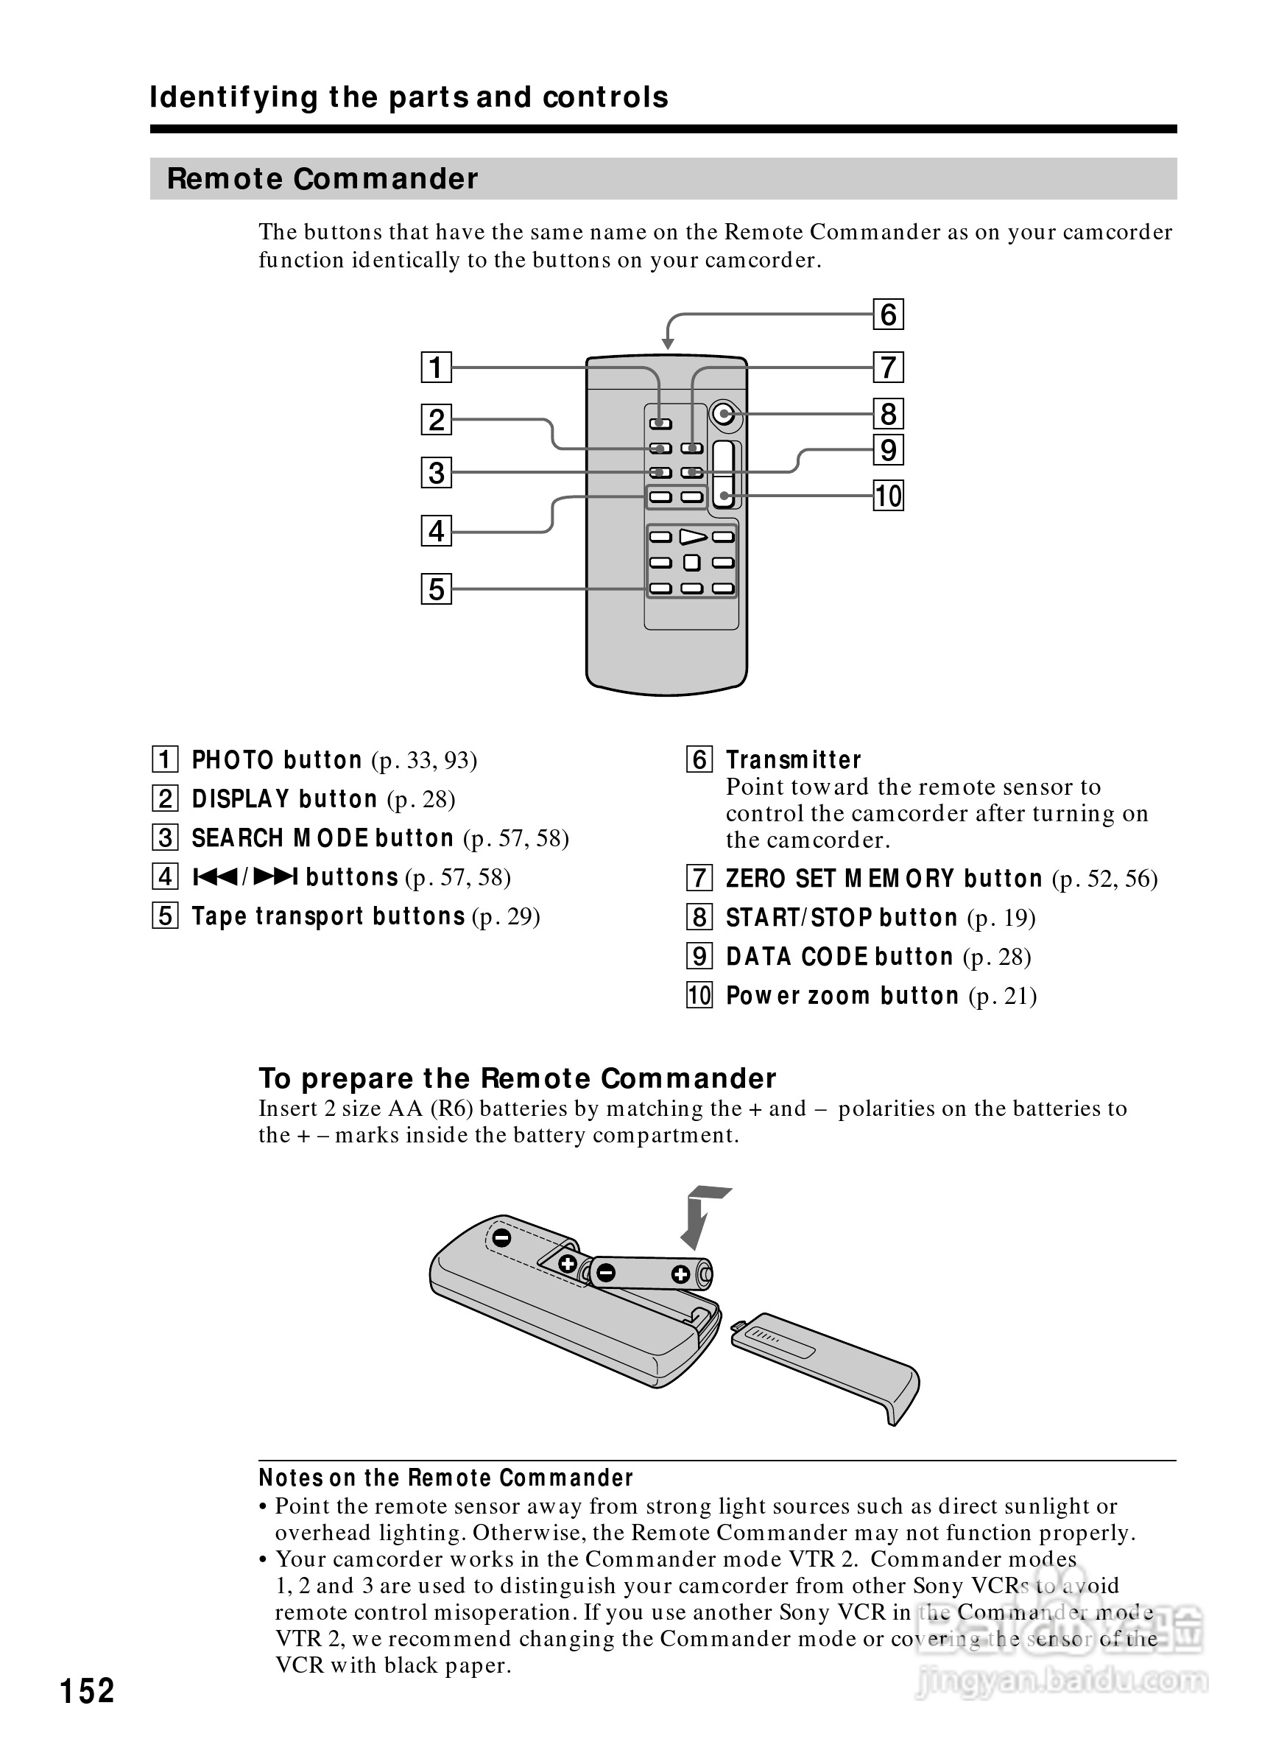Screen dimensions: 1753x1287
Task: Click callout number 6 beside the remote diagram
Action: coord(887,315)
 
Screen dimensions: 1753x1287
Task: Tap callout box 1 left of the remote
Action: coord(437,367)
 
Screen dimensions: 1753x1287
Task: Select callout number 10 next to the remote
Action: coord(887,496)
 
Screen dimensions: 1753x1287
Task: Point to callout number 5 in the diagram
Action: coord(437,589)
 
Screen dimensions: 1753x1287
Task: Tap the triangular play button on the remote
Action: coord(693,536)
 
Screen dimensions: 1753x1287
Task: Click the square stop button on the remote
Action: coord(692,563)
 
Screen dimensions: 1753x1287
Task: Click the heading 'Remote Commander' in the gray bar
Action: coord(322,178)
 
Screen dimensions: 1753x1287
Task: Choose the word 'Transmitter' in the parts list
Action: coord(793,760)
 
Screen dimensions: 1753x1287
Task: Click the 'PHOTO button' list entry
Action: coord(277,760)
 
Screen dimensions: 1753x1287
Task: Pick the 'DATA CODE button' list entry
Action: coord(839,958)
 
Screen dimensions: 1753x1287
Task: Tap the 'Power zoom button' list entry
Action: coord(842,996)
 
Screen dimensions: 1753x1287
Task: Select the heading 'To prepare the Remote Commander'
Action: coord(518,1079)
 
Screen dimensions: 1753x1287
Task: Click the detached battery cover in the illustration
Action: coord(826,1365)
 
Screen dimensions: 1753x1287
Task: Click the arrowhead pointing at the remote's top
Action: coord(668,343)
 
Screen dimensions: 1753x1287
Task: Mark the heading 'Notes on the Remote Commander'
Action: coord(445,1478)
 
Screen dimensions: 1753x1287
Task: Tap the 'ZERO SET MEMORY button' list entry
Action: coord(884,879)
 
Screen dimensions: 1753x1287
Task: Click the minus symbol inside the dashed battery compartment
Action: coord(502,1237)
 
